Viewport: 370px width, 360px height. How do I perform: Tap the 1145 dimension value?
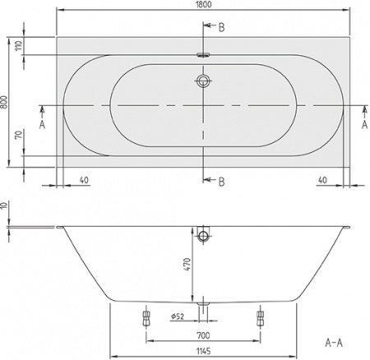pos(203,352)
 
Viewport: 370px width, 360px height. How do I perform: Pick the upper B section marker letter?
pos(220,27)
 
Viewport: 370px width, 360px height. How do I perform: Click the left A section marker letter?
pos(41,125)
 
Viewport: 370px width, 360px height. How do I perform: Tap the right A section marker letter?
pos(363,125)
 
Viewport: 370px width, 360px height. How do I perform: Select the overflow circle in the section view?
pos(203,237)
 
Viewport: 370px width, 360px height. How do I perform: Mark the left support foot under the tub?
pos(147,316)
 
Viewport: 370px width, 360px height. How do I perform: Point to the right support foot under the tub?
pos(261,316)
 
